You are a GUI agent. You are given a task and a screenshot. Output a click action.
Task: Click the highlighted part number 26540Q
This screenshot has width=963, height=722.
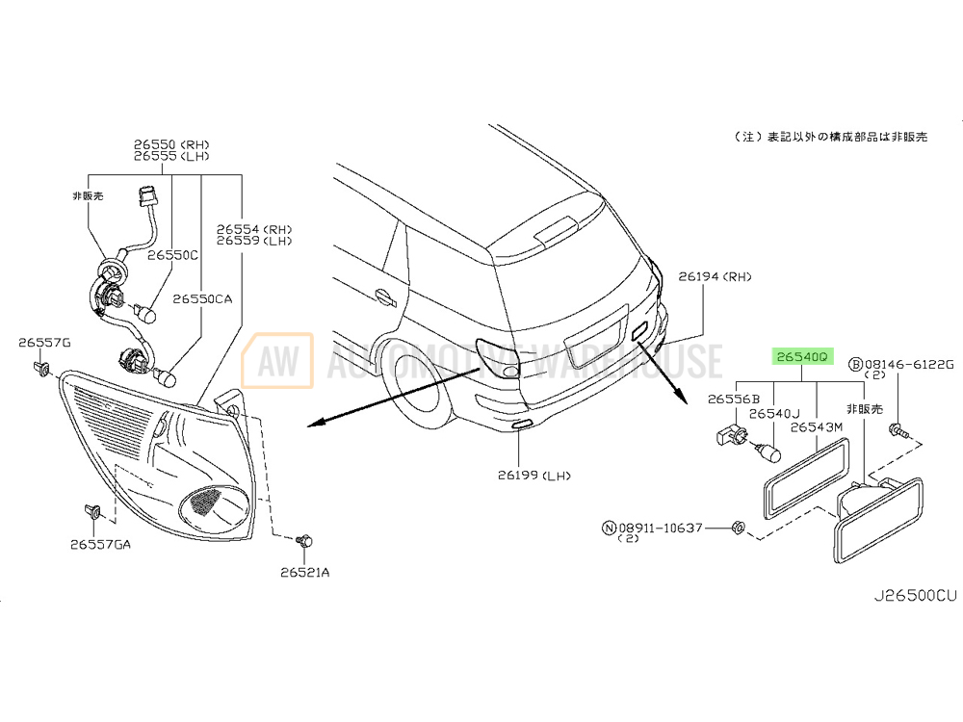(x=802, y=356)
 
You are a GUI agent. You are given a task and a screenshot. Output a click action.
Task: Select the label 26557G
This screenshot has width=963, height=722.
(x=44, y=343)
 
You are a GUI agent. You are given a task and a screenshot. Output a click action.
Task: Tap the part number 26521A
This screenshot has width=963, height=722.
(x=304, y=572)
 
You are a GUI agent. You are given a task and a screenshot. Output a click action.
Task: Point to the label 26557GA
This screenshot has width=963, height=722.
(x=100, y=544)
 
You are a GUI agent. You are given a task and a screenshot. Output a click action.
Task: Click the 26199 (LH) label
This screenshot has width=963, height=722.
(x=534, y=475)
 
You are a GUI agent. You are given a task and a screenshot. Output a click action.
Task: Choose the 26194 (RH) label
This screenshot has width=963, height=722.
(x=715, y=277)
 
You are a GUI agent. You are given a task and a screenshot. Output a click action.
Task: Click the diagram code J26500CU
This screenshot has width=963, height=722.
(x=915, y=595)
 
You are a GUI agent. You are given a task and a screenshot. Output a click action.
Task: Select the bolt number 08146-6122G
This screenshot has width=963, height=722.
(x=909, y=365)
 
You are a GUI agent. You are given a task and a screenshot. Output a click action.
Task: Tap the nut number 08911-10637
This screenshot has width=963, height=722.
(x=661, y=528)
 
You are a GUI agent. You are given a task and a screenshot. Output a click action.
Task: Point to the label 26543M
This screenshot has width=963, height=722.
(x=817, y=426)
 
